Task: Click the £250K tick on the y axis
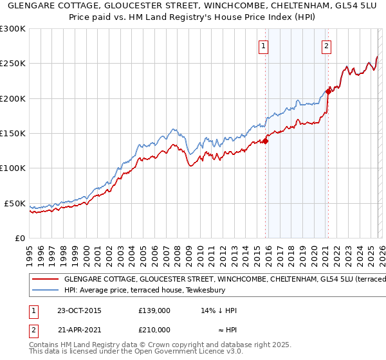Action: tap(13, 64)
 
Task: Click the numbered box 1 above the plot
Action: tap(264, 46)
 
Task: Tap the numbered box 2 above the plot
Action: tap(327, 46)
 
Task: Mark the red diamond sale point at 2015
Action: tap(265, 141)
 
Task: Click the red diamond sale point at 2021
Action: tap(327, 91)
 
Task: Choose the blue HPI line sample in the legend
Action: tap(44, 290)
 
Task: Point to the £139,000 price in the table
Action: tap(154, 311)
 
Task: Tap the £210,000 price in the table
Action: tap(154, 329)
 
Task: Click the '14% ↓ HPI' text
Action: tap(219, 311)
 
